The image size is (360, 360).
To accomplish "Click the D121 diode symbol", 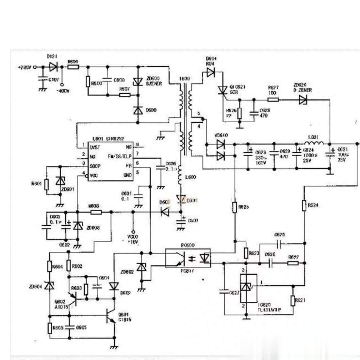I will [x=53, y=67].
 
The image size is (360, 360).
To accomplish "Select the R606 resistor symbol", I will [x=73, y=67].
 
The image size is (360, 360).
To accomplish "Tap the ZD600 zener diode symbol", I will [x=138, y=82].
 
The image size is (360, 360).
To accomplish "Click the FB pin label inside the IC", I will [x=128, y=166].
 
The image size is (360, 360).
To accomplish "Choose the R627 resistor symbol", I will [x=273, y=100].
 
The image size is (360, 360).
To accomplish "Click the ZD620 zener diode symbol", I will [x=303, y=100].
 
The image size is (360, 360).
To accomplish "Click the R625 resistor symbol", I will [x=235, y=207].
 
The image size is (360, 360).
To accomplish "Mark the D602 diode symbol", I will [x=114, y=286].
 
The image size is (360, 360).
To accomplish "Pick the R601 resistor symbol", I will [x=47, y=185].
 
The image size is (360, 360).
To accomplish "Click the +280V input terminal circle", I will [x=35, y=67].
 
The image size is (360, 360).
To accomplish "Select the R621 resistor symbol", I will [x=293, y=301].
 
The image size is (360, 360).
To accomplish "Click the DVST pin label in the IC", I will [x=95, y=147].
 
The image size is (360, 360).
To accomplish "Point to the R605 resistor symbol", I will [x=50, y=328].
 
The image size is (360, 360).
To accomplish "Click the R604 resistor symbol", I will [x=50, y=266].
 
